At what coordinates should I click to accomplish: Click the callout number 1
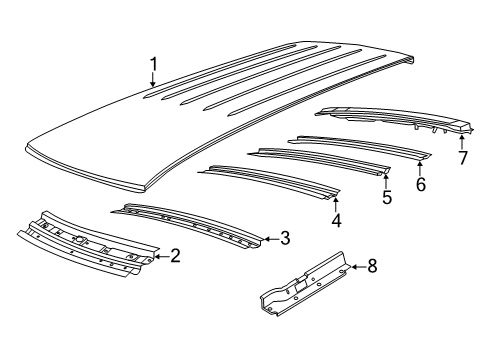153,64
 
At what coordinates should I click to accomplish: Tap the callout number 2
175,256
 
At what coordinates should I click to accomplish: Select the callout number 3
285,238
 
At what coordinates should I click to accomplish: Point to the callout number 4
336,220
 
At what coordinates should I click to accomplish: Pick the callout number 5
387,197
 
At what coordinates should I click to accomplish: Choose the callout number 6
421,184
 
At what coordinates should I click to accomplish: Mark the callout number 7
462,158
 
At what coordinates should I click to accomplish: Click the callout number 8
372,266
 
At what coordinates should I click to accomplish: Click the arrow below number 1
153,80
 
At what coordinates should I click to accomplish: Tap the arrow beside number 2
162,256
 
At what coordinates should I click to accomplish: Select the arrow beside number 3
271,239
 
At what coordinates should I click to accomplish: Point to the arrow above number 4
336,205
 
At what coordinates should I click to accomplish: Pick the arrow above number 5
386,182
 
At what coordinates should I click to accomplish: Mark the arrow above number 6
420,168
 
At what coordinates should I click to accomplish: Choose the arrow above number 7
462,142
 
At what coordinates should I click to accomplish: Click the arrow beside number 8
358,267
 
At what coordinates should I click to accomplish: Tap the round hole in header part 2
80,239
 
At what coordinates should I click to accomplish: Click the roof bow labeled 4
269,181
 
